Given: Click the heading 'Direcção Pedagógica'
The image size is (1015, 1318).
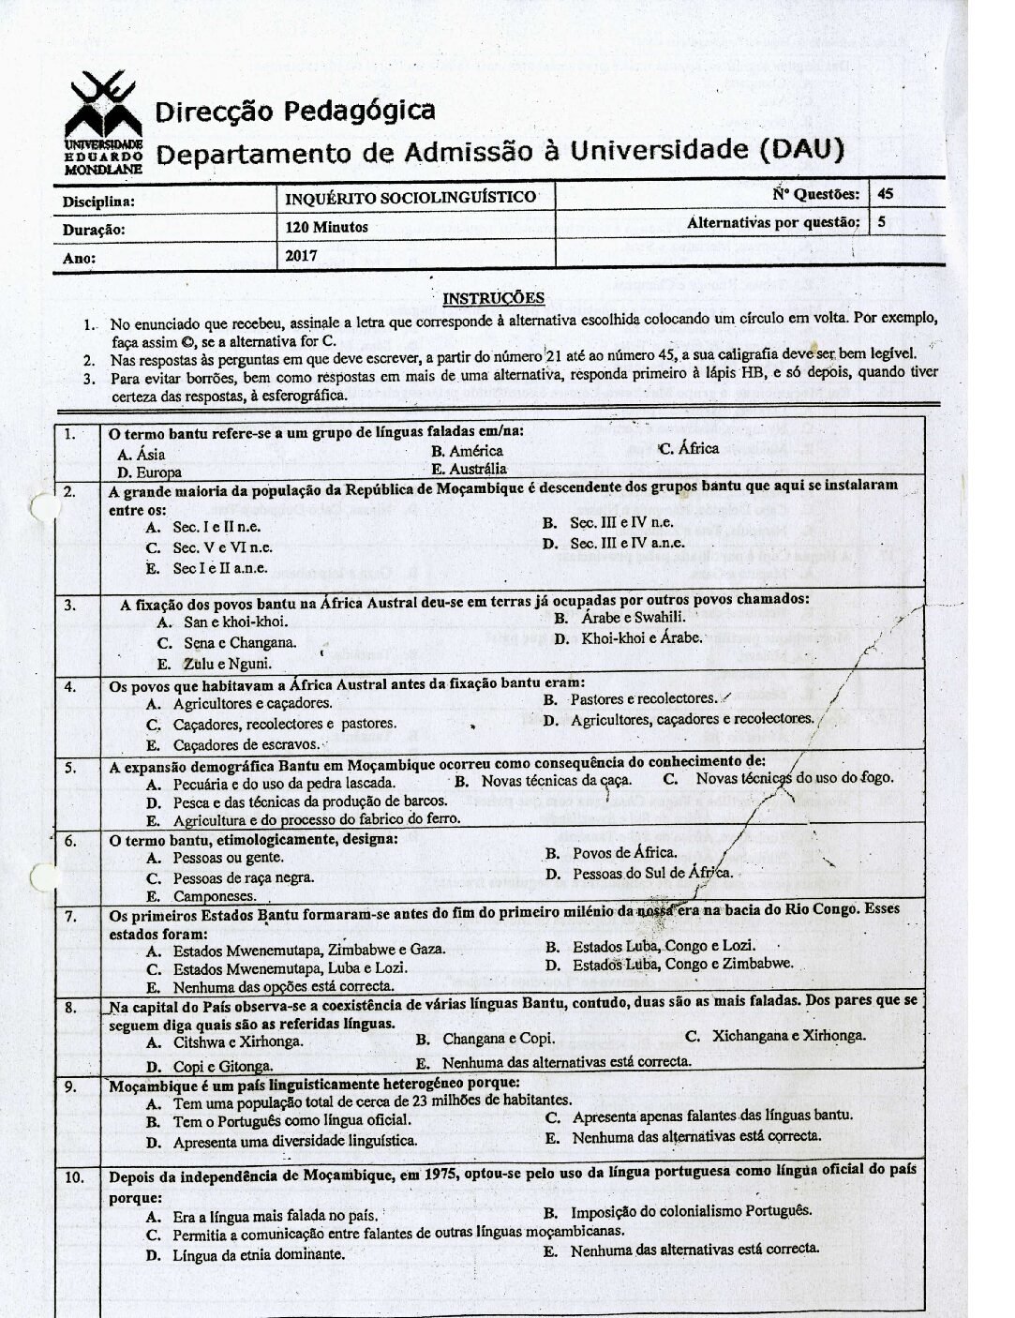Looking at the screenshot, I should (294, 112).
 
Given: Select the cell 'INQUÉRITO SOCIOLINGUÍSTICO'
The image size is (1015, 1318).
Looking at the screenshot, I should (411, 198).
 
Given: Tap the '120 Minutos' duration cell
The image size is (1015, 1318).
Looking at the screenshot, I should (327, 227).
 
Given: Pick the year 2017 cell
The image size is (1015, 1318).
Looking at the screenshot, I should (302, 255).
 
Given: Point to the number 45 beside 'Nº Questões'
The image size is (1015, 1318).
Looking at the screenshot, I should (886, 194).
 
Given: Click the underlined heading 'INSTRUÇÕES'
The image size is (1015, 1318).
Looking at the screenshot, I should (493, 299).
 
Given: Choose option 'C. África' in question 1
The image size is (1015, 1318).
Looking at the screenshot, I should (689, 448).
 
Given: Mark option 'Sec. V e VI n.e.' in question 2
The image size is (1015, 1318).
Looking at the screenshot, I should (222, 547).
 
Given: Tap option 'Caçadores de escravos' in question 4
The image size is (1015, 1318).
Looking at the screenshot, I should (246, 745).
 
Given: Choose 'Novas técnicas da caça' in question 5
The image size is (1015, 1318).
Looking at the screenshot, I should (556, 780).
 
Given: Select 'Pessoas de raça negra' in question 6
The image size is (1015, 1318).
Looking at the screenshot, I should (243, 878).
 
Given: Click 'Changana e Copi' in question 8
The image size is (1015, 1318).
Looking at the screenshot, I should (498, 1039).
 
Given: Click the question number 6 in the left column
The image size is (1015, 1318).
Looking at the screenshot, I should (70, 841).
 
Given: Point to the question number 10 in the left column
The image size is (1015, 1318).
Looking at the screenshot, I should (75, 1178).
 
